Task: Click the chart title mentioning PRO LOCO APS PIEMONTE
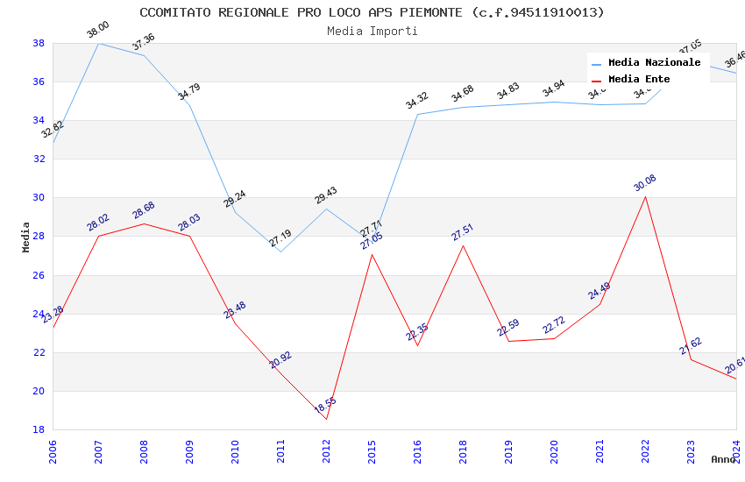(372, 12)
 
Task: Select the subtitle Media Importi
(372, 31)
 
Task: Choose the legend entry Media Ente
(639, 79)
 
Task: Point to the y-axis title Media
(26, 237)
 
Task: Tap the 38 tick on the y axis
(39, 43)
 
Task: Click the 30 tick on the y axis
(39, 198)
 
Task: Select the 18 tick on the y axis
(39, 429)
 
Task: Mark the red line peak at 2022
(645, 195)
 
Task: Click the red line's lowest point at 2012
(326, 419)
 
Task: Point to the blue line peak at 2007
(98, 43)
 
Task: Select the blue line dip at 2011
(280, 252)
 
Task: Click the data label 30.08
(644, 183)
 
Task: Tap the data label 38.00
(97, 31)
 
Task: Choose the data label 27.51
(462, 232)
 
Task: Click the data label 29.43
(325, 195)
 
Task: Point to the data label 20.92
(280, 359)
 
